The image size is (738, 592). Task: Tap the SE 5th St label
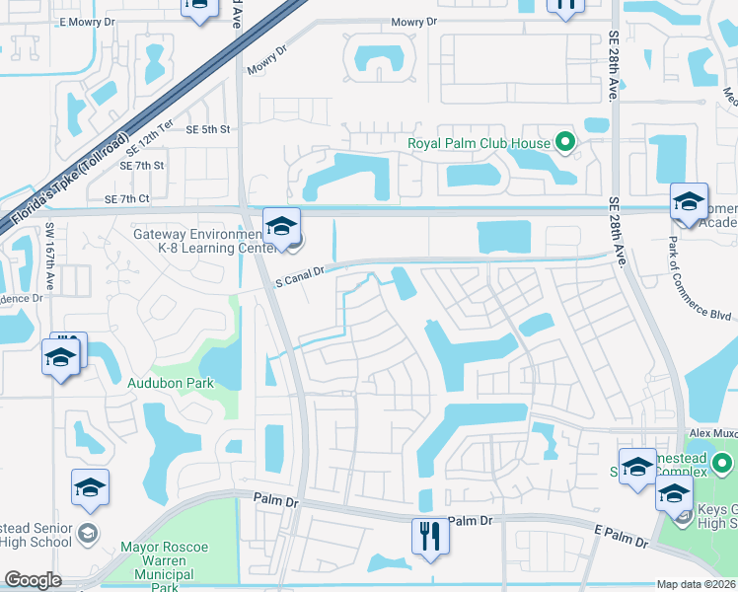[x=207, y=129]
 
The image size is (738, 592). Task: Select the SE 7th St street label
[x=144, y=166]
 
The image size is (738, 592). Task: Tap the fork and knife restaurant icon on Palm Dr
[x=429, y=536]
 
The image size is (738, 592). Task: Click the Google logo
[x=33, y=580]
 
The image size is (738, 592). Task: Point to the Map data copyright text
[x=697, y=584]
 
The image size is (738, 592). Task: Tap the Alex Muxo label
[x=712, y=432]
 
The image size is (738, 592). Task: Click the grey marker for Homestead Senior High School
[x=88, y=535]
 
